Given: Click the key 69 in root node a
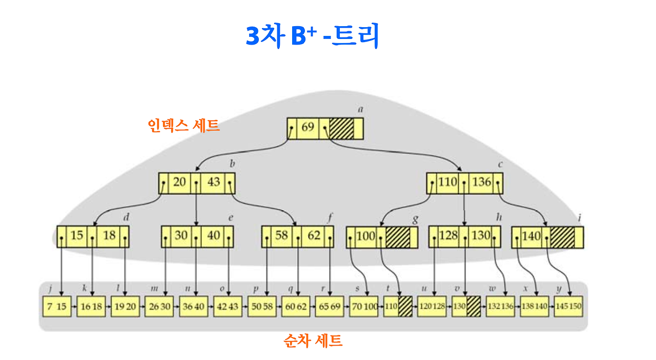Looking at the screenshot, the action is (307, 127).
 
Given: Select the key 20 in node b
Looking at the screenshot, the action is (179, 182).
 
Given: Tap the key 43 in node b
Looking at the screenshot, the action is (214, 182).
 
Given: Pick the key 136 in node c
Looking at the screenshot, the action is (481, 182).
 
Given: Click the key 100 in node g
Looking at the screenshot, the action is (365, 237).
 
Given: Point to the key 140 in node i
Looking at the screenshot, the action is (531, 237).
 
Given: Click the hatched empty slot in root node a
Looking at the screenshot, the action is (341, 128).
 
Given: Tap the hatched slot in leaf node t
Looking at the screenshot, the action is (405, 306).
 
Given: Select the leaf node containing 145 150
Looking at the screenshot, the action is (569, 306).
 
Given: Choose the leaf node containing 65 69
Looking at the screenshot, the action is (330, 306).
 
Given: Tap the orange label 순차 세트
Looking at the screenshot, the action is (313, 341).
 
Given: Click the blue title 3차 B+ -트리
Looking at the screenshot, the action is (313, 36).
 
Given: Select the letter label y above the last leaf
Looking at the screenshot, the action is (559, 289).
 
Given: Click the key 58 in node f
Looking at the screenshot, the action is (281, 236).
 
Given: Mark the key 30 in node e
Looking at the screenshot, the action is (181, 236).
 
